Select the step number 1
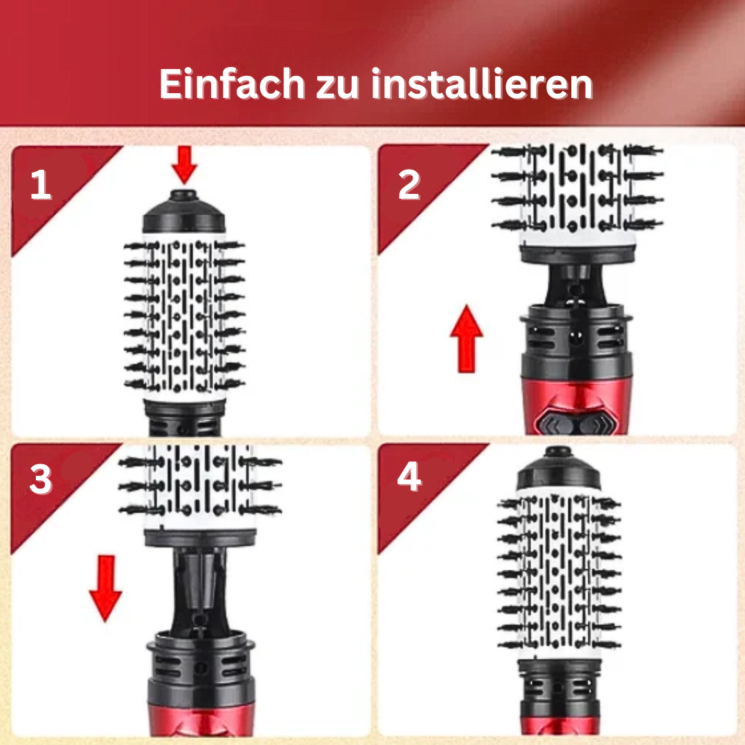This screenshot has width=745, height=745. click(x=41, y=186)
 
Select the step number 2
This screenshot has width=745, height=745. click(x=409, y=185)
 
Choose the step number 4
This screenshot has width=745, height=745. click(x=409, y=477)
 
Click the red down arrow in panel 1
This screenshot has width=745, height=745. click(x=185, y=164)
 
